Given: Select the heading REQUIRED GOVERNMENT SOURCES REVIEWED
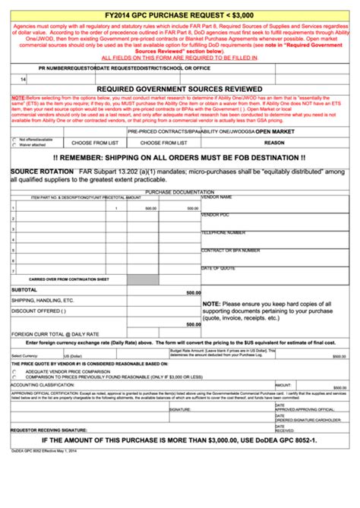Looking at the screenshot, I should [x=179, y=89].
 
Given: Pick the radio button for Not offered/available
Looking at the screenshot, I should [x=14, y=140].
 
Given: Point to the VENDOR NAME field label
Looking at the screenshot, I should [x=217, y=197].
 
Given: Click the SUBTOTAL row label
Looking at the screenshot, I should [x=24, y=290].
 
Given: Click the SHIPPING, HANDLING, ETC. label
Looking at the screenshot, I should [x=43, y=301].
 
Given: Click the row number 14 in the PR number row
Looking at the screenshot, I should [x=23, y=79].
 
